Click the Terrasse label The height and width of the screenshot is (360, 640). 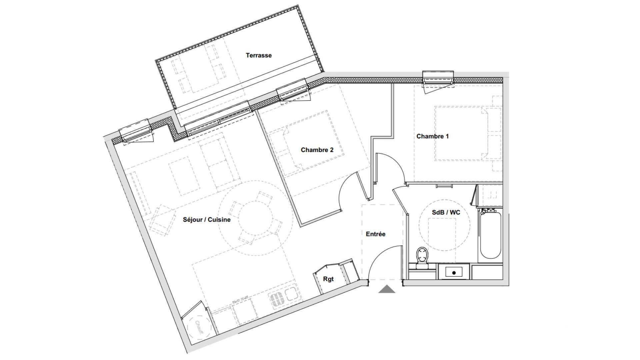pyautogui.click(x=259, y=55)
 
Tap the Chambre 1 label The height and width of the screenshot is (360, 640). pyautogui.click(x=432, y=136)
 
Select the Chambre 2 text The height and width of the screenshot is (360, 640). pyautogui.click(x=317, y=150)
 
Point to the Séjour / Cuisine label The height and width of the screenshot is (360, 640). pyautogui.click(x=207, y=220)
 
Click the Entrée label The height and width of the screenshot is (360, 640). pyautogui.click(x=375, y=234)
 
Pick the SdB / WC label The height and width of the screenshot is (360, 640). pyautogui.click(x=446, y=212)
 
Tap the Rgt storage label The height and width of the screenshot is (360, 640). pyautogui.click(x=328, y=279)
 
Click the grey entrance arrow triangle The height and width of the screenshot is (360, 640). pyautogui.click(x=387, y=289)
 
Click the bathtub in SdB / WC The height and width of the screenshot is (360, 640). pyautogui.click(x=490, y=235)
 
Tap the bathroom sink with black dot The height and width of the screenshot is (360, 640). pyautogui.click(x=454, y=272)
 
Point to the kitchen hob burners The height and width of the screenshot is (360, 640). pyautogui.click(x=276, y=299)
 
